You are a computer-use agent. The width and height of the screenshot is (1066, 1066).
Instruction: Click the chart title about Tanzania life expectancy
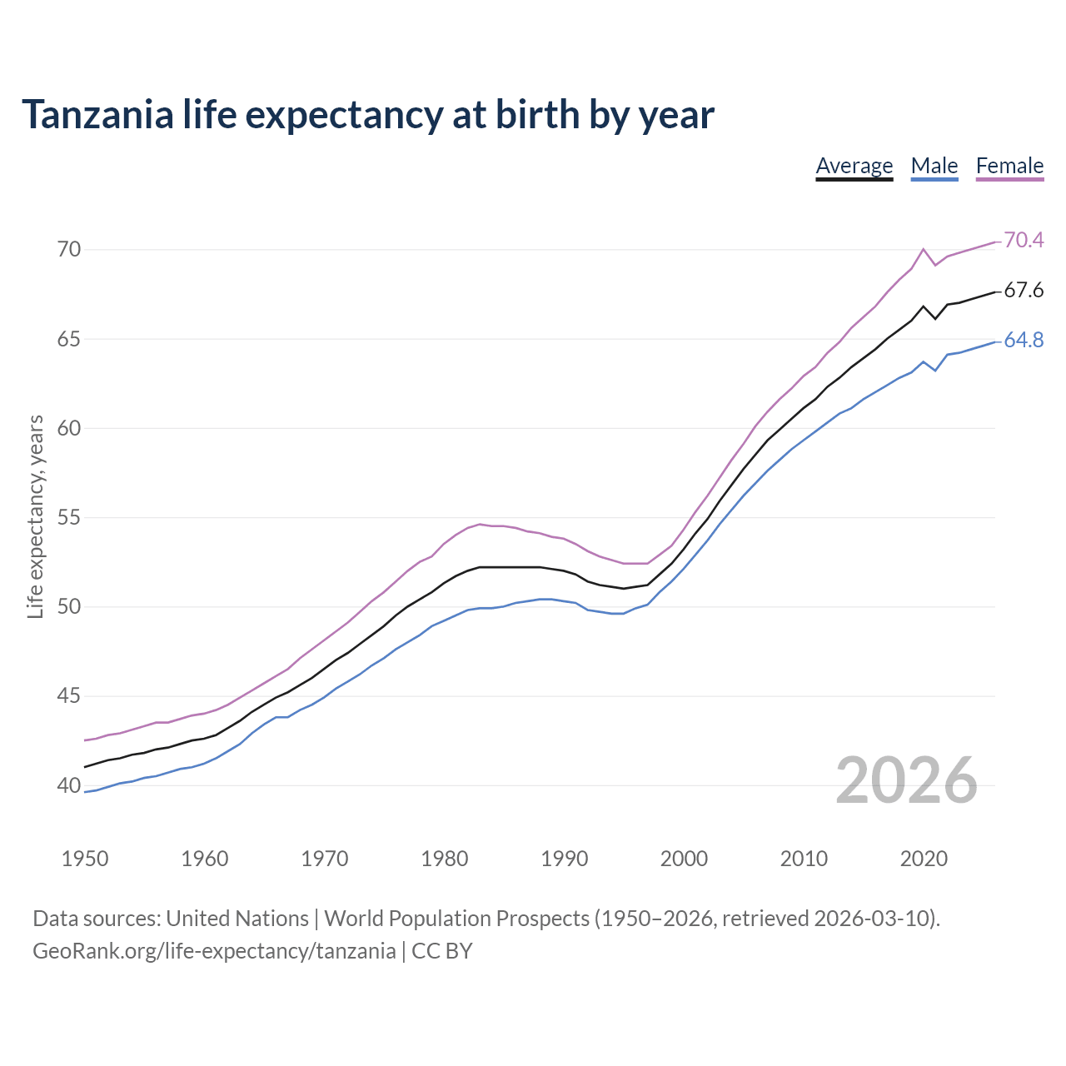(x=367, y=115)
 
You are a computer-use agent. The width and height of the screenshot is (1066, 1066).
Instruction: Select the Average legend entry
(x=854, y=166)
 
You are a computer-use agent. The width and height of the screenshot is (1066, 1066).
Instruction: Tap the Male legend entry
(x=934, y=166)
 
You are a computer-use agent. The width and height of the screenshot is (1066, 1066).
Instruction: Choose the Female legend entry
(x=1009, y=166)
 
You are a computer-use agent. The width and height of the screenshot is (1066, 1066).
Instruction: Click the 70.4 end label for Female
(x=1024, y=240)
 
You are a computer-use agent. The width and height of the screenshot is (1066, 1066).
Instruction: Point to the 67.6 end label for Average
(x=1024, y=291)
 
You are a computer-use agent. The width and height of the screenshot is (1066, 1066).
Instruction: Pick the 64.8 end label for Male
(x=1024, y=341)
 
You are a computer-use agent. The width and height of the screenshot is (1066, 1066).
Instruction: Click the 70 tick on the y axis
(x=69, y=250)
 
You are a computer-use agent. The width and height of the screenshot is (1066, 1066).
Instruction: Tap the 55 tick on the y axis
(x=69, y=517)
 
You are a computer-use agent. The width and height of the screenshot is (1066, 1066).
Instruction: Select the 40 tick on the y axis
(x=69, y=785)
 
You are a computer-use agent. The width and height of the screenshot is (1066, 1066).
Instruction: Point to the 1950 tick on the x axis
(x=85, y=859)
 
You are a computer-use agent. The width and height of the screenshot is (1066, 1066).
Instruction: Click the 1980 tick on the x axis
(x=444, y=859)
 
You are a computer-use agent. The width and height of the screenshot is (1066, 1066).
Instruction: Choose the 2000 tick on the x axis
(x=684, y=859)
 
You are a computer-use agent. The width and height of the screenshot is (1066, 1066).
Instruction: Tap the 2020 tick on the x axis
(x=924, y=859)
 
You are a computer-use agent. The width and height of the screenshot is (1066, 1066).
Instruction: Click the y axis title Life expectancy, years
(x=36, y=517)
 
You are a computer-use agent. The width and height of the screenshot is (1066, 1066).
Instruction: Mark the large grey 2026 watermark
(x=906, y=780)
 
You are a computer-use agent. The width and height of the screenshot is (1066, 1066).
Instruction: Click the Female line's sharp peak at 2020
(x=924, y=249)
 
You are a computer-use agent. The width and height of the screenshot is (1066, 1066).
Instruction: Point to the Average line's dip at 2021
(x=935, y=318)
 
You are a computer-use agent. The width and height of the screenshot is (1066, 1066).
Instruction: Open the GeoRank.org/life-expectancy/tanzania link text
(x=214, y=951)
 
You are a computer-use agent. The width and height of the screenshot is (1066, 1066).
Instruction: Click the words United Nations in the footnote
(x=237, y=919)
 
